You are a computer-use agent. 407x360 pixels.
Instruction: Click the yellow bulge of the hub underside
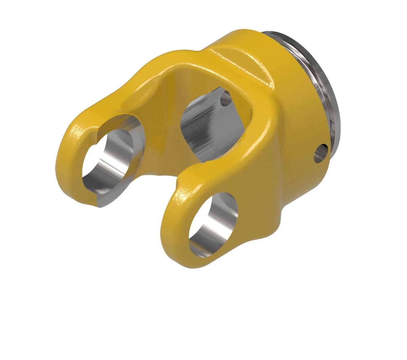click(265, 217)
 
